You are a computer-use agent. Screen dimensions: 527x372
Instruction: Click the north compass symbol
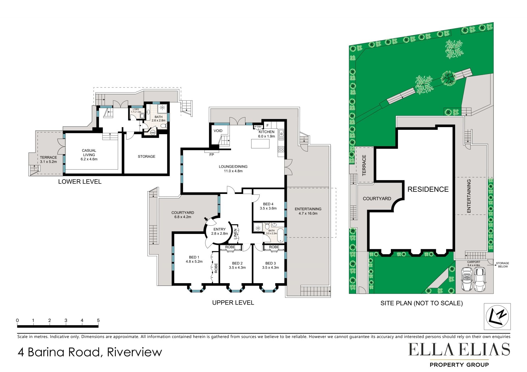(497, 316)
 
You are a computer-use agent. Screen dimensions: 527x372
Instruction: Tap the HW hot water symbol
(153, 133)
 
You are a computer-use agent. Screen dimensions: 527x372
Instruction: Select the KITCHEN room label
(267, 132)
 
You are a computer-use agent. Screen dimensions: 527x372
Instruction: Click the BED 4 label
(268, 204)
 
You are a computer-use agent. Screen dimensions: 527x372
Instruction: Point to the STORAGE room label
(147, 156)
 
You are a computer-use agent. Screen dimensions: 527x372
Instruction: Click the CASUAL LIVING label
(89, 153)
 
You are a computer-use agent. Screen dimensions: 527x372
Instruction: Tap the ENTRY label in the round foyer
(220, 229)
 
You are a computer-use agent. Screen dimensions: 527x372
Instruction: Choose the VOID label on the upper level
(218, 131)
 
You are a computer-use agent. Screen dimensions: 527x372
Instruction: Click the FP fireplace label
(212, 155)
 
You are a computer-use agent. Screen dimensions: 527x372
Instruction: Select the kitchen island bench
(260, 144)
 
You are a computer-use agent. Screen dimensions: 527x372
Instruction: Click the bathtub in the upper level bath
(281, 235)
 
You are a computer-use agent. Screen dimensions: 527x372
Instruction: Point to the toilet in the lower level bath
(163, 126)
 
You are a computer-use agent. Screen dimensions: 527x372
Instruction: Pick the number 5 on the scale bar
(98, 320)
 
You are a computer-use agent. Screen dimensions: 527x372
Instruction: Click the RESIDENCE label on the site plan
(428, 189)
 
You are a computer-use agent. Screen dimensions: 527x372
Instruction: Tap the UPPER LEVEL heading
(233, 303)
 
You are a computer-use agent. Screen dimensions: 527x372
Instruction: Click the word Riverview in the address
(134, 352)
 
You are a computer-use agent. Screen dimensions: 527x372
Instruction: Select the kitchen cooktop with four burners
(281, 149)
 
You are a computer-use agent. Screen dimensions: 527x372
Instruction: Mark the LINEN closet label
(235, 234)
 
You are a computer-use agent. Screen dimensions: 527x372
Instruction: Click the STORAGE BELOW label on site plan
(503, 265)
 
